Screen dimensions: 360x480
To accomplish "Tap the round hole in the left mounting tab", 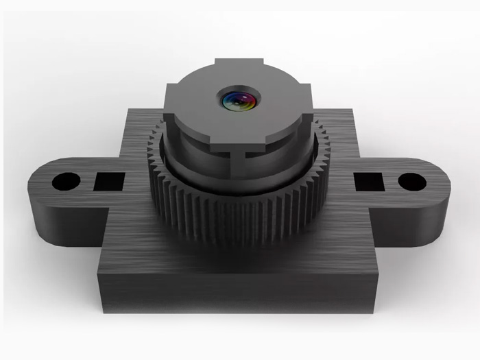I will (67, 182).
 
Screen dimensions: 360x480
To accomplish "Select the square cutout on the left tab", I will (109, 182).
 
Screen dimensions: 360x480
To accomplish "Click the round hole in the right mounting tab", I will (411, 182).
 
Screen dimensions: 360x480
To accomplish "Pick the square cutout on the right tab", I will (368, 182).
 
